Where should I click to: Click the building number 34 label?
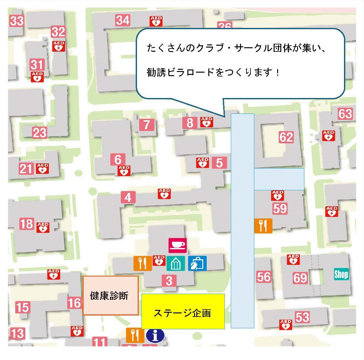click(123, 20)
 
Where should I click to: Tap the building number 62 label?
click(286, 137)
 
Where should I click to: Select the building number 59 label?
click(280, 208)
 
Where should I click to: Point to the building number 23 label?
click(40, 133)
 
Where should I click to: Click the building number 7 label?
click(146, 125)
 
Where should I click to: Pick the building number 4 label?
click(128, 197)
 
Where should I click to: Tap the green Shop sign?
click(341, 274)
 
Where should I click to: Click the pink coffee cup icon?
click(178, 245)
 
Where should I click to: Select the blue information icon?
click(155, 335)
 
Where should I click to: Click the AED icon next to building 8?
click(206, 122)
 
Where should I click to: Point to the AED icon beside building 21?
click(42, 168)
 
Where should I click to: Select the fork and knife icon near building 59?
click(263, 226)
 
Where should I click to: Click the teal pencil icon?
click(176, 263)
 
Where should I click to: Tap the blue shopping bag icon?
click(197, 263)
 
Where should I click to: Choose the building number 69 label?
click(300, 278)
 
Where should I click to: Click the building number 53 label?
click(302, 317)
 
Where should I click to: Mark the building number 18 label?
click(26, 224)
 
